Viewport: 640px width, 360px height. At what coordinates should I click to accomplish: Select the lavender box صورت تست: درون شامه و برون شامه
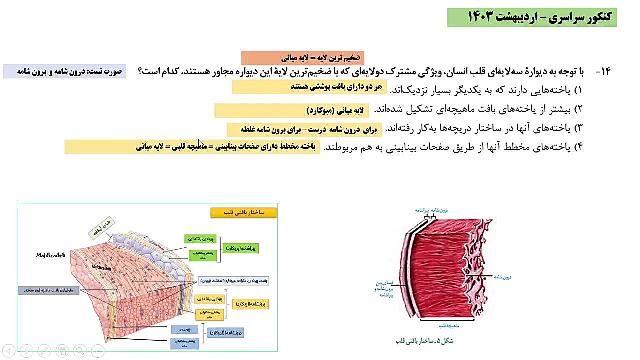64,71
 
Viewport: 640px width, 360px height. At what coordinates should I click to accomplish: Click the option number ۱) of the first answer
578,90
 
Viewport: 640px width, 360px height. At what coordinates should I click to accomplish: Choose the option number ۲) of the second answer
578,109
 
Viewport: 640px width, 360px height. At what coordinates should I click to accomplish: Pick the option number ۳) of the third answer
578,128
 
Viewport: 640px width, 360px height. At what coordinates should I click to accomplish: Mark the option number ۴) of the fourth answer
578,147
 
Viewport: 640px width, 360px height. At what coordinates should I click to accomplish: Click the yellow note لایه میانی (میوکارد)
336,110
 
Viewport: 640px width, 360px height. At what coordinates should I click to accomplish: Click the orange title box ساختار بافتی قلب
243,213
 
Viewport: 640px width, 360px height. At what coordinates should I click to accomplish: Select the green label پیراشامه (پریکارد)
241,247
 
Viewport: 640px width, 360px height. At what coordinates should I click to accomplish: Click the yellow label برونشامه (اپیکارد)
250,303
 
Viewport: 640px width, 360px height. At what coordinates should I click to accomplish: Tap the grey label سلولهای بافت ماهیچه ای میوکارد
48,290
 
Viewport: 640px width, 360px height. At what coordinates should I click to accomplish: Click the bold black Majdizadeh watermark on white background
51,255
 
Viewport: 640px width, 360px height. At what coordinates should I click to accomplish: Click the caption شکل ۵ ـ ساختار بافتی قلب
423,341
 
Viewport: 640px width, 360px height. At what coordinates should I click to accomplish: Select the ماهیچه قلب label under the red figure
447,325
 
